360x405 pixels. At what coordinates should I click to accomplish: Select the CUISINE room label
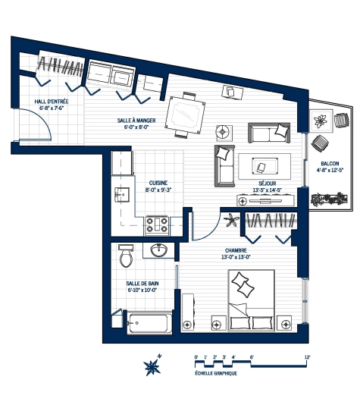158,183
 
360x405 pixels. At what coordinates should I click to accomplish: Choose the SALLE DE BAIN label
141,284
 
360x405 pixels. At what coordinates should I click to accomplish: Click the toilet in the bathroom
126,256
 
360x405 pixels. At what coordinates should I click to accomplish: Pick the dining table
184,115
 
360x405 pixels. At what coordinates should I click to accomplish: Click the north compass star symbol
153,367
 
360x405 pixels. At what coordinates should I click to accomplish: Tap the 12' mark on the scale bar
307,356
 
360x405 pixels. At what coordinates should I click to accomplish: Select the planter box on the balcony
330,199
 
